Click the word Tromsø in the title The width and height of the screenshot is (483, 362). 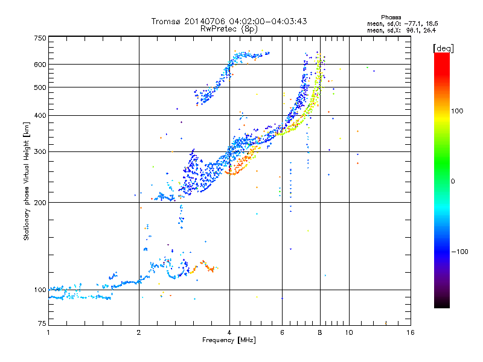coord(165,21)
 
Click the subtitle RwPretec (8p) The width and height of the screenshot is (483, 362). coord(229,28)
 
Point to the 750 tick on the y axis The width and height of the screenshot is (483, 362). coord(40,37)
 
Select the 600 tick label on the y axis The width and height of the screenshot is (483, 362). coord(40,64)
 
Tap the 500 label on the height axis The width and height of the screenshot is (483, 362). coord(40,87)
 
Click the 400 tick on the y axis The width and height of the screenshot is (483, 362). coord(40,115)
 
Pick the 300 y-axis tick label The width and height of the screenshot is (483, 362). coord(40,151)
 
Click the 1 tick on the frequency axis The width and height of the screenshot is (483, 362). coord(48,332)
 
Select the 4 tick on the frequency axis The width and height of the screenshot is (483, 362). coord(229,332)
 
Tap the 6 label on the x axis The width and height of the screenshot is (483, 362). coord(283,332)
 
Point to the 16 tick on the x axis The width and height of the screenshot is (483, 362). coord(410,332)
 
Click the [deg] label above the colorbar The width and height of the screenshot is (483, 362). coord(443,48)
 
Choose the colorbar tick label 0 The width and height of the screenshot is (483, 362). coord(453,181)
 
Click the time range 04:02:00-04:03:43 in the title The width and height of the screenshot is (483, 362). coord(273,21)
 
